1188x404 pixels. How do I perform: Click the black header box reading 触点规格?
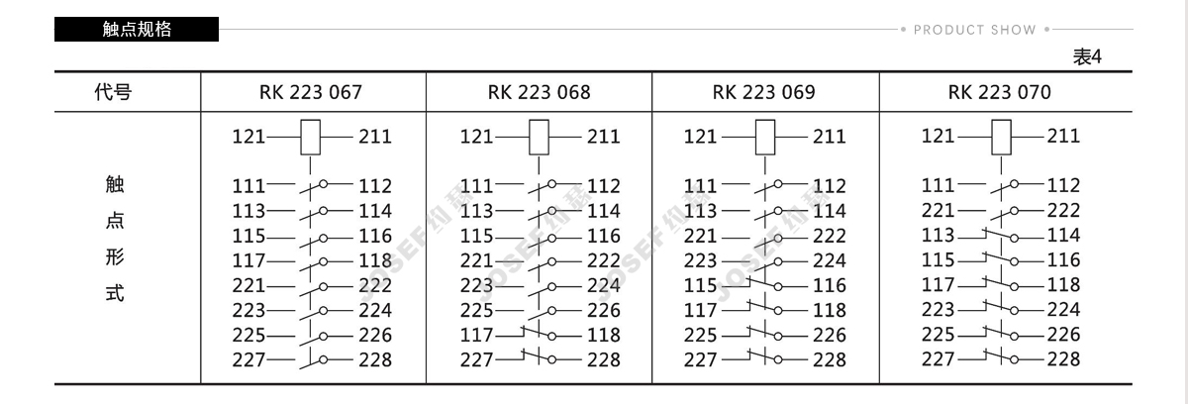137,29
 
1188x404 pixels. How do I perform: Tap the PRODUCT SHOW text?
975,30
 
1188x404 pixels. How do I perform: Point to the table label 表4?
1087,56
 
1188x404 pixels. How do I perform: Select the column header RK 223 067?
311,92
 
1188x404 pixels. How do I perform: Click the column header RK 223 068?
539,92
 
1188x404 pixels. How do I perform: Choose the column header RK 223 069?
763,92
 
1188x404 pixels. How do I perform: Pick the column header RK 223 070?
1000,92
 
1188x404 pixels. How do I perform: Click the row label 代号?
113,92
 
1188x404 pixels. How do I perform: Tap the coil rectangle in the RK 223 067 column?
310,137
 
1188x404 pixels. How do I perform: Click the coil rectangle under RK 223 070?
1001,137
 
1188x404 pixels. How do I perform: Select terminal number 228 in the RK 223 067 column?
375,360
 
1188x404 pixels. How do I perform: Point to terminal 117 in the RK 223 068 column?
476,335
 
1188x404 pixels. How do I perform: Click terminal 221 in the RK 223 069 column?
700,236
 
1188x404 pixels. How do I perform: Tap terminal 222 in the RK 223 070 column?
1063,211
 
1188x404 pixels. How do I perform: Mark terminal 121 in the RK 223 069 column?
700,137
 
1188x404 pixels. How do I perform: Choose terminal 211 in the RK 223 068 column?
603,137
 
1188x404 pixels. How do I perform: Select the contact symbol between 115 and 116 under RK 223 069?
764,284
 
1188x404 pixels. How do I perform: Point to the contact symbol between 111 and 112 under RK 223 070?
1001,186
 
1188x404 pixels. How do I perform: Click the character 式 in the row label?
115,293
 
